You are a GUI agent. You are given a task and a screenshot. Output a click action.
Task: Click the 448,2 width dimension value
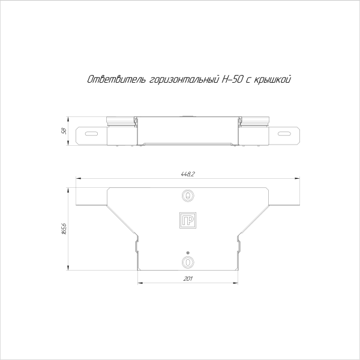pyautogui.click(x=188, y=173)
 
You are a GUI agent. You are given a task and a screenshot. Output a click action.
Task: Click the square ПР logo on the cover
pyautogui.click(x=188, y=220)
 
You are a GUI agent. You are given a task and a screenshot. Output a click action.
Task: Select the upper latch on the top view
pyautogui.click(x=188, y=196)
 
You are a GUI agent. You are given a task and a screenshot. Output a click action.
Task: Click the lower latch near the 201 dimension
pyautogui.click(x=188, y=262)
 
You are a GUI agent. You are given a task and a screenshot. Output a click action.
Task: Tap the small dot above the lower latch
pyautogui.click(x=188, y=252)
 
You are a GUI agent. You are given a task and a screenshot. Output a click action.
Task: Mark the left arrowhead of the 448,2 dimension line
pyautogui.click(x=78, y=178)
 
